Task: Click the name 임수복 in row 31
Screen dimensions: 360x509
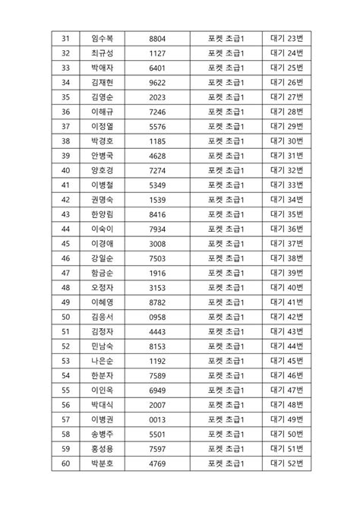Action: point(101,39)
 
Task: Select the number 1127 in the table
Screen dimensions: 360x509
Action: point(158,53)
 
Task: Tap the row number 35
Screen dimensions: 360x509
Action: point(65,97)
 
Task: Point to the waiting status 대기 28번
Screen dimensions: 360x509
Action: point(286,112)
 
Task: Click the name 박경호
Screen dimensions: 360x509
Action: point(101,141)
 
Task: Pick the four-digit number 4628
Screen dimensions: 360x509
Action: point(158,156)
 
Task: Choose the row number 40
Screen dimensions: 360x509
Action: point(65,170)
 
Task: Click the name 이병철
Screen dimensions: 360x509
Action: point(101,185)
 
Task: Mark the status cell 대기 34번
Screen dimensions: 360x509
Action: point(286,199)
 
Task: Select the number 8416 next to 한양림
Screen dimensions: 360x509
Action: point(158,214)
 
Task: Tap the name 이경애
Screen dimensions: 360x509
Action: point(101,243)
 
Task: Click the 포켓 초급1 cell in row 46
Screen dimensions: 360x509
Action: point(225,258)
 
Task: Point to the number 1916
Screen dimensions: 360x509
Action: point(158,273)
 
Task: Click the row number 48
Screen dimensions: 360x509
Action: point(65,287)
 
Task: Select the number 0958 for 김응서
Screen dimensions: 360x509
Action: point(158,317)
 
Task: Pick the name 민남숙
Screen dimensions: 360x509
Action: point(101,346)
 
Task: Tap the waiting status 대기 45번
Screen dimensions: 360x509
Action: point(286,360)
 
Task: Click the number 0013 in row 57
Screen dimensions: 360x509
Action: point(158,419)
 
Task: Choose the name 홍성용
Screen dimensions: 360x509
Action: point(101,448)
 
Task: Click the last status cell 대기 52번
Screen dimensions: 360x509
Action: point(286,463)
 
